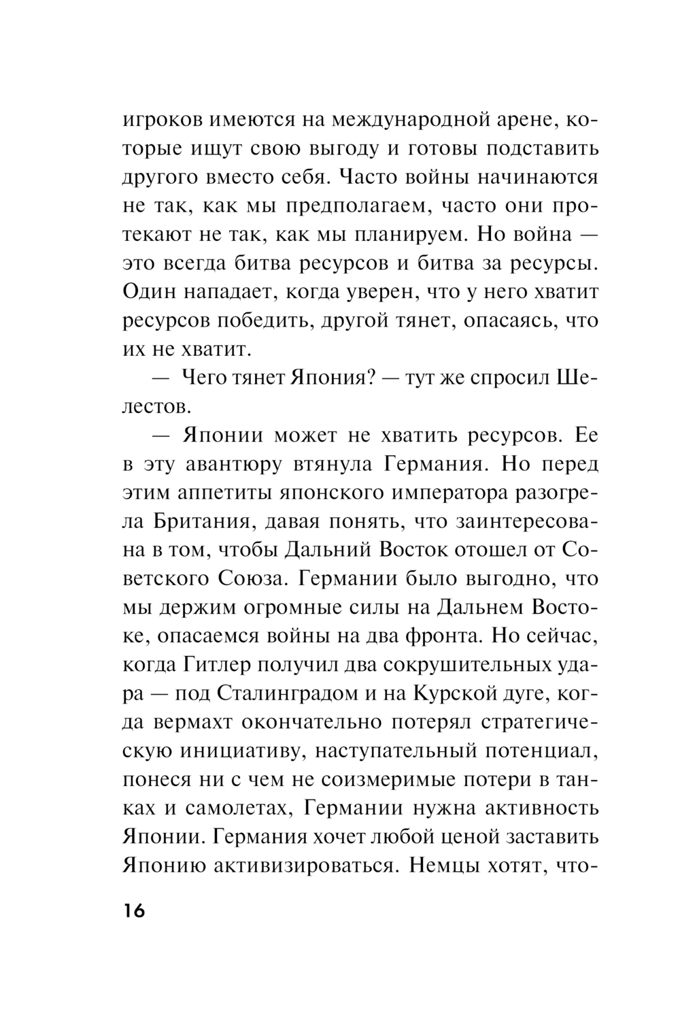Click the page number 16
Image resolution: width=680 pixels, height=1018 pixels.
[134, 911]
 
